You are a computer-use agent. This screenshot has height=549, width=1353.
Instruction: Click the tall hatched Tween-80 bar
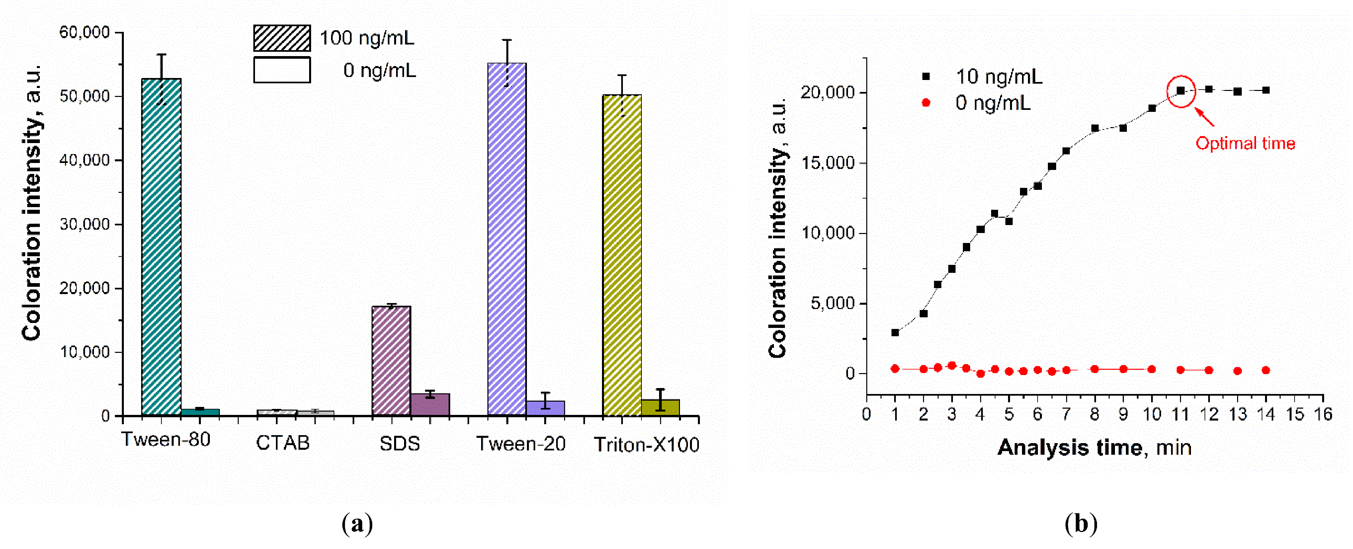click(161, 247)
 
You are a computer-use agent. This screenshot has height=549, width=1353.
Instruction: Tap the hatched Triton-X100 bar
click(622, 255)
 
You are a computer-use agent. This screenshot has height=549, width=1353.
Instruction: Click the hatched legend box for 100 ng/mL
click(282, 38)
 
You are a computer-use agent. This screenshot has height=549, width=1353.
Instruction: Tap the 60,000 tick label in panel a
click(84, 33)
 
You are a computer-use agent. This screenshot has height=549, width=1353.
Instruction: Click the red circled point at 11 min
click(1180, 91)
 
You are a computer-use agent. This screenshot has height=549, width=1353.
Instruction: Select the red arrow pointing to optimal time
click(1205, 117)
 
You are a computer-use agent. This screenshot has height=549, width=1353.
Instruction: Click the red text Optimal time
click(1245, 143)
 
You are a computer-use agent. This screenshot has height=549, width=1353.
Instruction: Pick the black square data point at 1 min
click(895, 332)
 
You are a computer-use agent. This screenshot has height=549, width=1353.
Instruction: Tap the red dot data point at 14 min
click(1266, 370)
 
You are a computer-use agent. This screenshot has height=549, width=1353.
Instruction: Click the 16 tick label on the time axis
click(1322, 415)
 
